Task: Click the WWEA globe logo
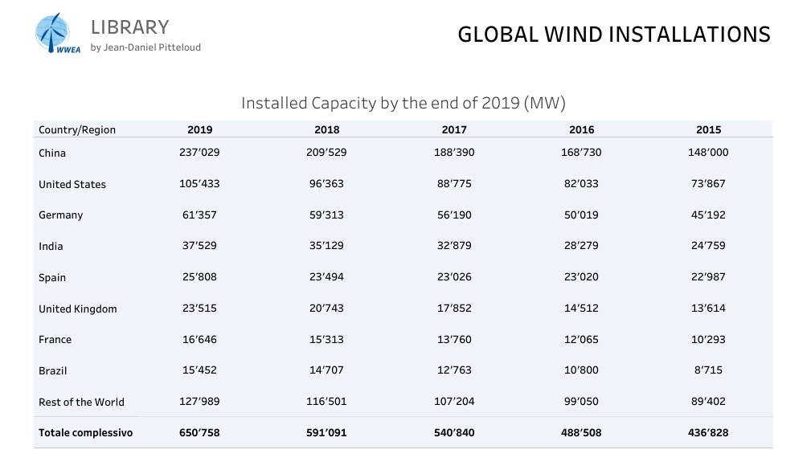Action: tap(57, 34)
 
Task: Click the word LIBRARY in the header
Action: tap(130, 27)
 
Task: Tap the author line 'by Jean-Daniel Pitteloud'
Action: tap(145, 47)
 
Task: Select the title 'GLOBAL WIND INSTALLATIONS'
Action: tap(614, 35)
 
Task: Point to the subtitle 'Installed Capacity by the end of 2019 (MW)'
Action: tap(403, 103)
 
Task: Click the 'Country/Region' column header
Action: tap(77, 130)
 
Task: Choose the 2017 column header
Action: tap(454, 130)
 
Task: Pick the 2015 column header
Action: tap(709, 130)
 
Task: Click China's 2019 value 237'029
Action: tap(199, 153)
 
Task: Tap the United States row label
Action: tap(72, 184)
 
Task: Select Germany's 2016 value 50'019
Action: tap(581, 215)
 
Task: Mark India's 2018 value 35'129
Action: tap(326, 246)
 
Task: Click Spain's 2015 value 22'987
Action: tap(709, 276)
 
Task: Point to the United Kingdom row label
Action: tap(78, 309)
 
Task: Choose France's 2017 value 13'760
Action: tap(454, 339)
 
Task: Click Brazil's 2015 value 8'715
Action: tap(709, 370)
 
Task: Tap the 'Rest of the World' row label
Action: tap(81, 402)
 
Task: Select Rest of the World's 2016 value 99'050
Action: tap(581, 402)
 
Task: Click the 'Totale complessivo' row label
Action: tap(86, 433)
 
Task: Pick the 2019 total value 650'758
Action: tap(199, 433)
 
